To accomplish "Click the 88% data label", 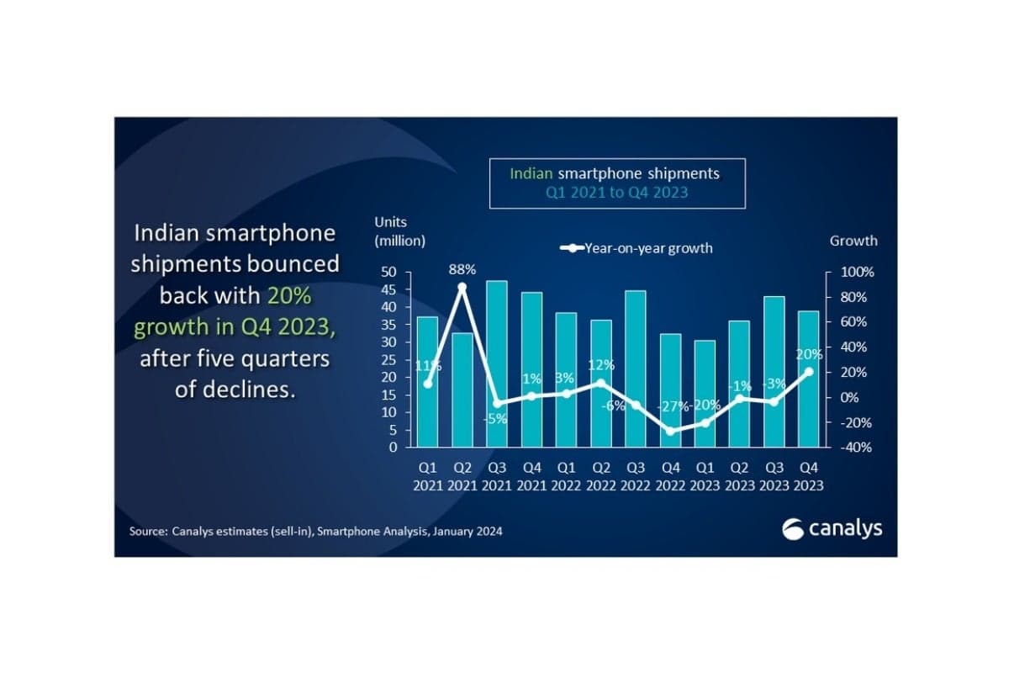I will (462, 270).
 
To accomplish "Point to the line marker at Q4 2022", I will (670, 431).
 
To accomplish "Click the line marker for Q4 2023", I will (808, 371).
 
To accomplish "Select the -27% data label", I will (670, 405).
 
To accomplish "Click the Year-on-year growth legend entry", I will (637, 248).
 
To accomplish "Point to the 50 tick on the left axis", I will (388, 273).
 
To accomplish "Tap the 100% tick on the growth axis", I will (858, 273).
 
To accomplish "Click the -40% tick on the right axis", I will (858, 448).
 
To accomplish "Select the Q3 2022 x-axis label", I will (635, 476).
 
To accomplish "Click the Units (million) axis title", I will (399, 231).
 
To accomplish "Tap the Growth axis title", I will (853, 241).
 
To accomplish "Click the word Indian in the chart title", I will (531, 174).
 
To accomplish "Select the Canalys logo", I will (831, 529).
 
